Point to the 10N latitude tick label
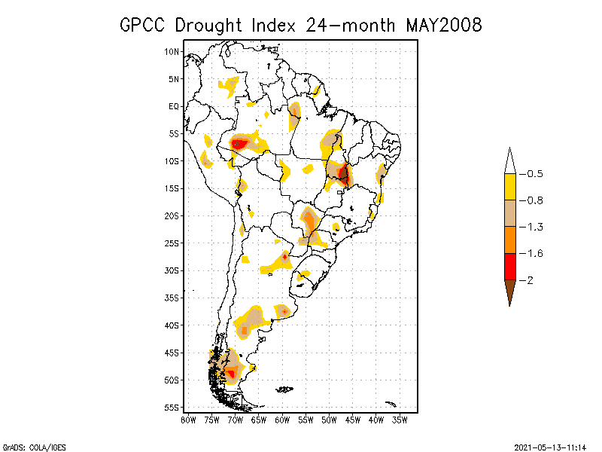pos(172,51)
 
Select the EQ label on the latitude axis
pos(174,106)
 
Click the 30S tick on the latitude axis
pos(172,270)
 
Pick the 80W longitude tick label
pos(188,420)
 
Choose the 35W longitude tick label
pos(400,420)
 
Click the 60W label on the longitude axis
pos(282,420)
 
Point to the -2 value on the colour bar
pos(528,280)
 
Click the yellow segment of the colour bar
pos(509,187)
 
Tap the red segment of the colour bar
pos(509,267)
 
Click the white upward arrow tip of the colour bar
pos(509,160)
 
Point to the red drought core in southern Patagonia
pos(232,372)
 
